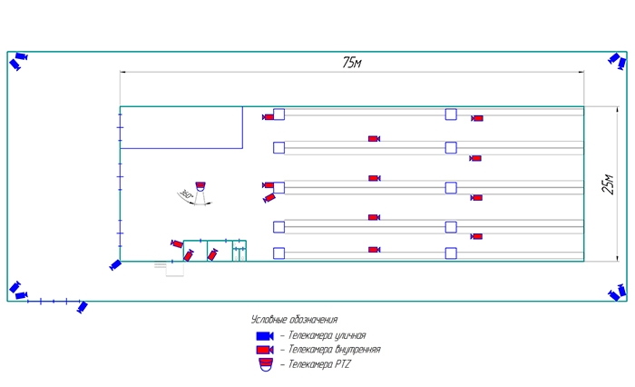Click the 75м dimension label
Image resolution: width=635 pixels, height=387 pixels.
coord(352,63)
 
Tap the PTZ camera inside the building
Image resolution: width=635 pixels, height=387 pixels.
coord(201,184)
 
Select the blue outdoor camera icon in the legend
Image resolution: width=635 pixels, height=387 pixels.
coord(265,335)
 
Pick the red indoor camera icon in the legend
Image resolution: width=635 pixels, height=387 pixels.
coord(265,350)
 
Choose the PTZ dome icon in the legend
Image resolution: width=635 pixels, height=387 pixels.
coord(265,364)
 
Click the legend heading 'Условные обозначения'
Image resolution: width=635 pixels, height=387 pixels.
coord(294,320)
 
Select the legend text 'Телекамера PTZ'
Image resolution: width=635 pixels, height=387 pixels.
coord(318,364)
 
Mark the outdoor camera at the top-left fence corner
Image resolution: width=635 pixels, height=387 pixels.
coord(20,60)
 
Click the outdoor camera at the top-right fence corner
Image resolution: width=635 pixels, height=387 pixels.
coord(616,60)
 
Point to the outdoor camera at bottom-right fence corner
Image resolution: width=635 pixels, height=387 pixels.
coord(617,292)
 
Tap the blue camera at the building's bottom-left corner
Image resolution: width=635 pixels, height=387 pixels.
coord(115,264)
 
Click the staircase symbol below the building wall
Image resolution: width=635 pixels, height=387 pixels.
coord(161,266)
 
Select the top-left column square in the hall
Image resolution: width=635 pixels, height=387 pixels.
coord(278,114)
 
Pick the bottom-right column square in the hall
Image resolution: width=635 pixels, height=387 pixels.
coord(450,252)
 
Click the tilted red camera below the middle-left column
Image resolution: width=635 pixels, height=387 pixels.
coord(269,198)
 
